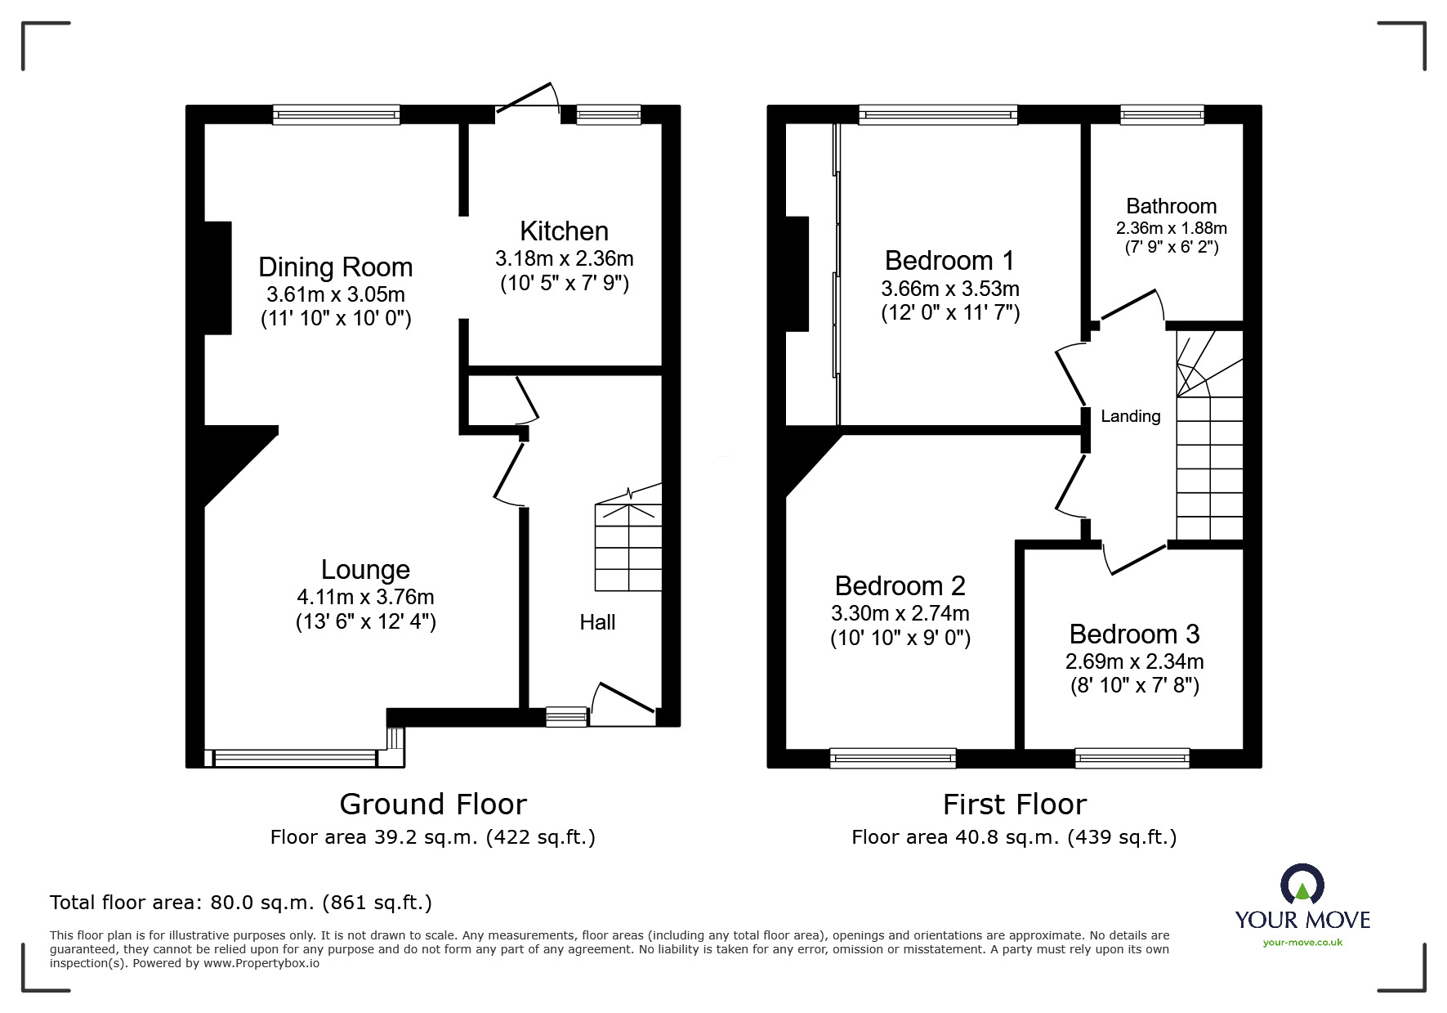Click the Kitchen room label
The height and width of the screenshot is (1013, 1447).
[564, 231]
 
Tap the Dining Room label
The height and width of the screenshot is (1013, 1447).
[335, 267]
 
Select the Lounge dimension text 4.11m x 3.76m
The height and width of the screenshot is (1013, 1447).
[365, 597]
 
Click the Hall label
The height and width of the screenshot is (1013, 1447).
[597, 623]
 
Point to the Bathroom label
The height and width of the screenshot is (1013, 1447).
[1171, 206]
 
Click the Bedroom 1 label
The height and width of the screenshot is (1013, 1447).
[949, 261]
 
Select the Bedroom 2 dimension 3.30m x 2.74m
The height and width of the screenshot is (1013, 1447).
[900, 613]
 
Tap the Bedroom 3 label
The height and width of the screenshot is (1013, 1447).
[1134, 634]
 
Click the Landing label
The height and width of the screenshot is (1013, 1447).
[1130, 416]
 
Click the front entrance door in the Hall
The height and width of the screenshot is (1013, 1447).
[624, 697]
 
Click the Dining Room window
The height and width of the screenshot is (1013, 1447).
[336, 114]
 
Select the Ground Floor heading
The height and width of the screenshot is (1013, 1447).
[433, 805]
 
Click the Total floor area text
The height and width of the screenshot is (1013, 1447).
[240, 903]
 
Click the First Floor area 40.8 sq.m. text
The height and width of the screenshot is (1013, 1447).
[1013, 837]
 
